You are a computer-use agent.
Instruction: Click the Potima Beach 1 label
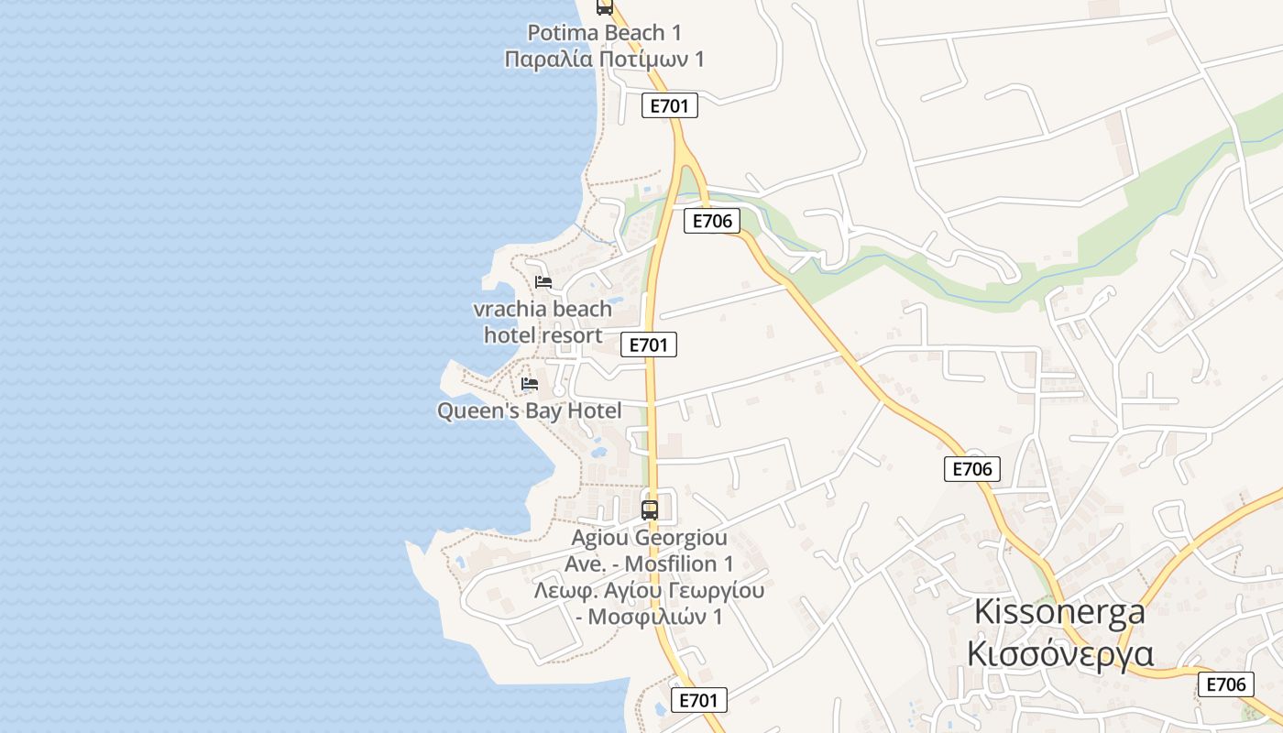605,33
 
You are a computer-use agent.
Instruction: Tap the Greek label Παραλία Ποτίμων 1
605,60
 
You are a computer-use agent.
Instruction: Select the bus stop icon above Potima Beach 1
604,7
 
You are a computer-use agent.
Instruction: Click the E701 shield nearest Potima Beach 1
669,105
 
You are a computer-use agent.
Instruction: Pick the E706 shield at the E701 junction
712,221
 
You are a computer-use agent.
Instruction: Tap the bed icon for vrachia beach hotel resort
543,281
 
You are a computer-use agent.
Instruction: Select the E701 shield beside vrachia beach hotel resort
649,345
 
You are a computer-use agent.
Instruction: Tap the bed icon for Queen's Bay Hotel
530,384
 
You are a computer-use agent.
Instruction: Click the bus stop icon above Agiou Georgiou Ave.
650,509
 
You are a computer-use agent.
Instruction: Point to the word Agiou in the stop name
601,538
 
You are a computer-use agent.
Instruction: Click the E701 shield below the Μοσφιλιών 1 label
699,701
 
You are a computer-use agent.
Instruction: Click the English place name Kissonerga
1059,611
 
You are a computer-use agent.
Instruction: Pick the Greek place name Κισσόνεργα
1060,654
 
